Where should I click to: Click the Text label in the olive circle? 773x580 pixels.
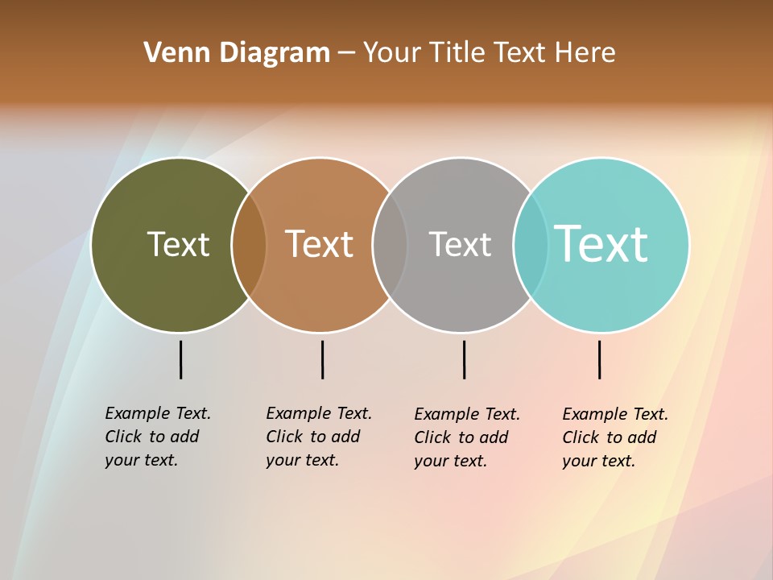click(178, 244)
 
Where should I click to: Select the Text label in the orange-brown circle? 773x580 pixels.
click(320, 244)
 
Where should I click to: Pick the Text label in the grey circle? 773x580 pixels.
click(460, 244)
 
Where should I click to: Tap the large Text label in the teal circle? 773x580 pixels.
click(601, 243)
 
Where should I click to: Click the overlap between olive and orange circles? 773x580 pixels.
click(249, 245)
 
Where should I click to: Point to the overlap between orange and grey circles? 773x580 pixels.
click(391, 245)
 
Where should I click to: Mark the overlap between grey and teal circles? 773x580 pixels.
click(531, 245)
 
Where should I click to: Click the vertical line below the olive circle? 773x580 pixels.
click(181, 359)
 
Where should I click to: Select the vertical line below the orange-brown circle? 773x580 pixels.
click(322, 359)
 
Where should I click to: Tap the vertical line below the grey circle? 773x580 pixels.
click(464, 359)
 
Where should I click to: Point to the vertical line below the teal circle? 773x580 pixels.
click(599, 359)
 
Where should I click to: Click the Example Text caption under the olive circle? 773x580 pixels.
click(158, 436)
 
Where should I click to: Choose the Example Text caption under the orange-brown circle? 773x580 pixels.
click(319, 436)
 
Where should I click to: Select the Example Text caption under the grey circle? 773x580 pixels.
click(467, 437)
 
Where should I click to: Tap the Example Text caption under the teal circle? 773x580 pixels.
click(615, 437)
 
